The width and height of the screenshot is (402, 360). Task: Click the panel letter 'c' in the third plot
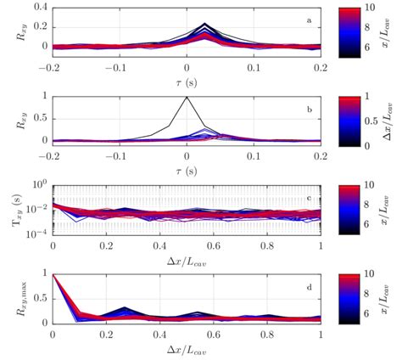coord(309,195)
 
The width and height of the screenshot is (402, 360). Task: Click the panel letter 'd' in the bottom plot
coord(309,285)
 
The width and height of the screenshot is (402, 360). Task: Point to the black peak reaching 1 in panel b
coord(187,97)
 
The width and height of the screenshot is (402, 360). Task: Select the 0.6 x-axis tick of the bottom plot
coord(214,335)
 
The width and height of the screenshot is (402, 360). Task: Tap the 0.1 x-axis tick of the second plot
coord(254,154)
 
